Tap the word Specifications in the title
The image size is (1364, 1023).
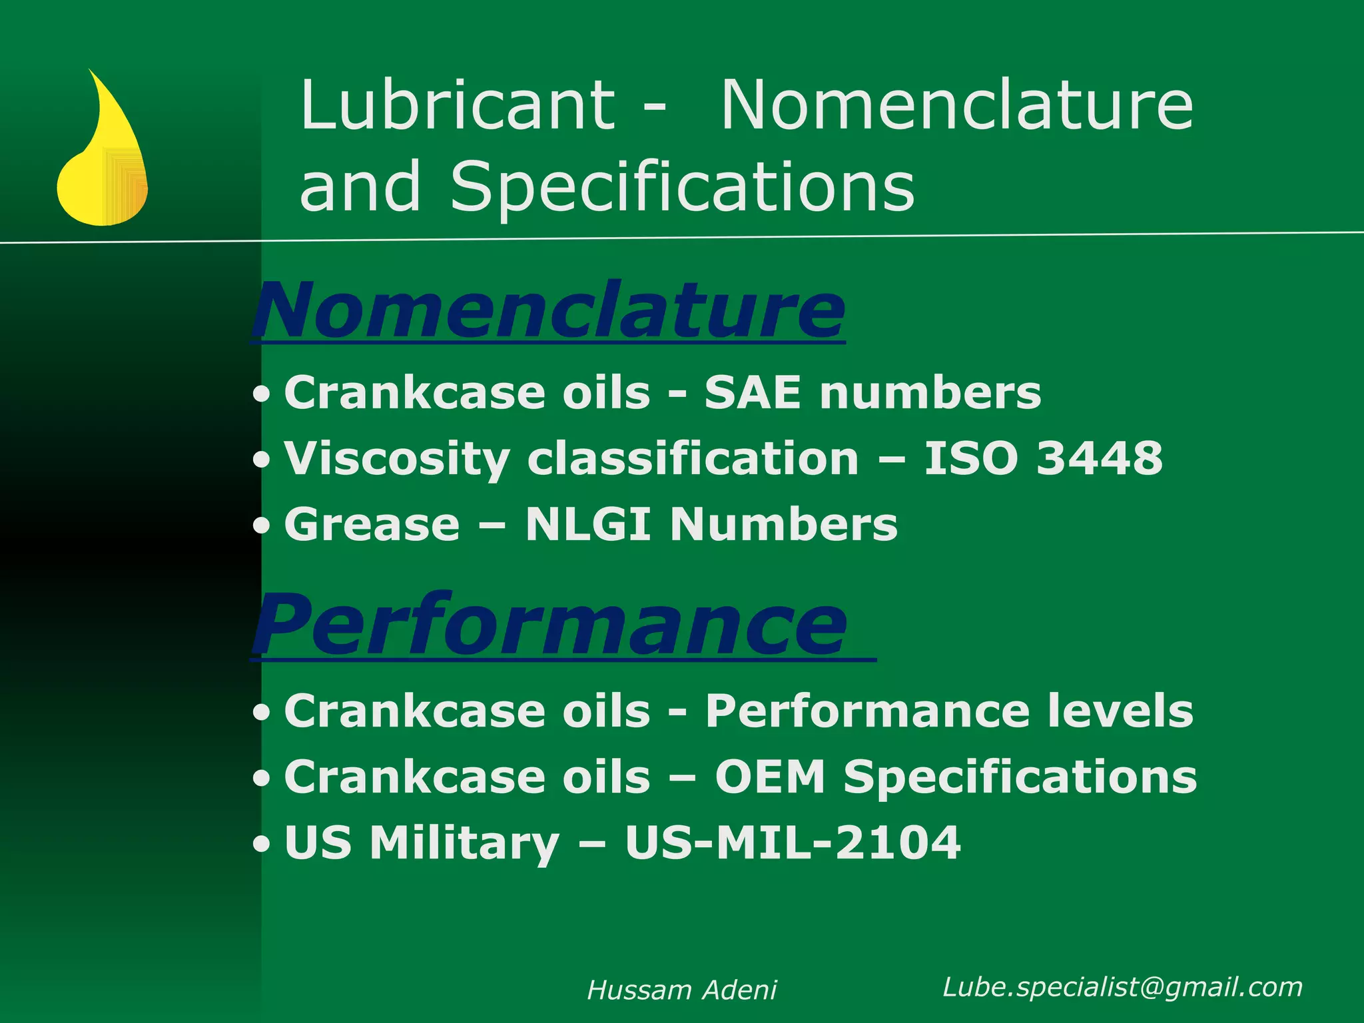[682, 187]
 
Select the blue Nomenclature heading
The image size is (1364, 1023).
[549, 311]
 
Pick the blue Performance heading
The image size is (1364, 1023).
[550, 625]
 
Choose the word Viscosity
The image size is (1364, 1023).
[397, 460]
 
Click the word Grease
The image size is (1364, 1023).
[372, 524]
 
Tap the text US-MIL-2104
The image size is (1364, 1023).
[793, 843]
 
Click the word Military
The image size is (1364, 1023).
[464, 844]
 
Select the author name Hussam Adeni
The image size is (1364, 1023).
[682, 990]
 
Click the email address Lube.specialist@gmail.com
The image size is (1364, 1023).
[1122, 987]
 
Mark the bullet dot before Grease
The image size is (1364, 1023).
[262, 526]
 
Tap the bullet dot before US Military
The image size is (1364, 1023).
[262, 845]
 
